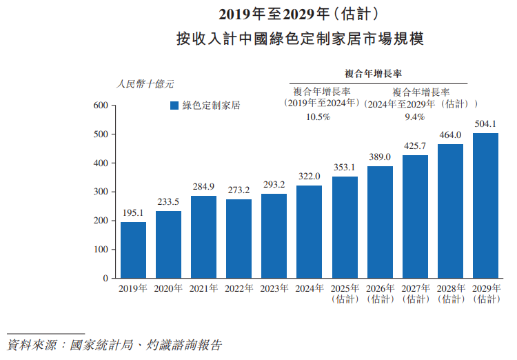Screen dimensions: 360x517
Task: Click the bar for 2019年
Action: [133, 250]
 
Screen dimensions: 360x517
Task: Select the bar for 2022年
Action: [239, 239]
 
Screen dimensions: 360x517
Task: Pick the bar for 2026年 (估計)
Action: [380, 222]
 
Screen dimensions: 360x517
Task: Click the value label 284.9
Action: [203, 186]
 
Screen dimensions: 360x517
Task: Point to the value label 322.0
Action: [310, 176]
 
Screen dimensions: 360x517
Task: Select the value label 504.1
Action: [486, 123]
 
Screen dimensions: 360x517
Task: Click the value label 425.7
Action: [415, 146]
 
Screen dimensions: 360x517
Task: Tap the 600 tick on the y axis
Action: [101, 106]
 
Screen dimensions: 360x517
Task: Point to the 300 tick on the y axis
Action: [101, 192]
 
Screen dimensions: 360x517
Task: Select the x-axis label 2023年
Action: [274, 288]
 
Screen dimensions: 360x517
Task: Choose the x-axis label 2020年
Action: [168, 288]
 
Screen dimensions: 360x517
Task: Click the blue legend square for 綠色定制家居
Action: [174, 106]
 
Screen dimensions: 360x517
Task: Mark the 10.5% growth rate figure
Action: [318, 117]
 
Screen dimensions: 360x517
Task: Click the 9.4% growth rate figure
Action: [414, 117]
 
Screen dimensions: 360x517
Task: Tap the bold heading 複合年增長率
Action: [373, 72]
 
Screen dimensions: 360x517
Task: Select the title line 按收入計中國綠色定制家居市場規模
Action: [298, 39]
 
